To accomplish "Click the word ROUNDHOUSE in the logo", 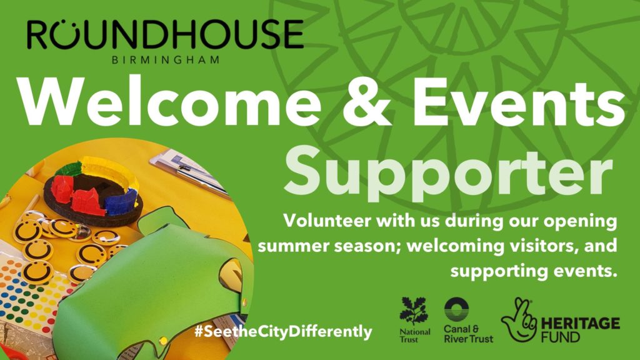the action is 165,34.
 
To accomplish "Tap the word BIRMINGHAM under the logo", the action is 166,60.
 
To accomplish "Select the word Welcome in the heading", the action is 170,102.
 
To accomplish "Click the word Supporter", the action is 449,174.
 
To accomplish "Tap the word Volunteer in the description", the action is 327,221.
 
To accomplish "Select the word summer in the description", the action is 302,246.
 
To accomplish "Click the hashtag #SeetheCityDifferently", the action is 283,331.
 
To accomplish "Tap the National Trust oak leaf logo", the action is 414,311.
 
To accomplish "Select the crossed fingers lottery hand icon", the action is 519,321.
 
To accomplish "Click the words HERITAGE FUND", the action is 581,330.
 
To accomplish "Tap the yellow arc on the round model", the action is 110,171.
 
